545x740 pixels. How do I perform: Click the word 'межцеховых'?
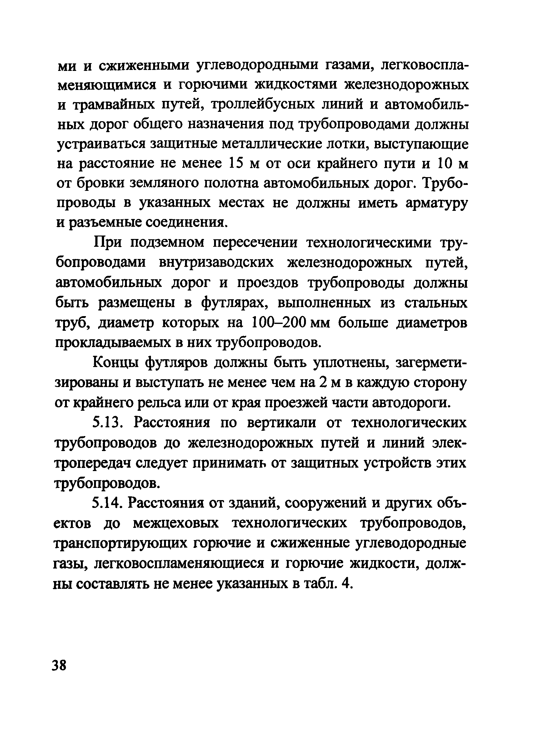[x=176, y=523]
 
